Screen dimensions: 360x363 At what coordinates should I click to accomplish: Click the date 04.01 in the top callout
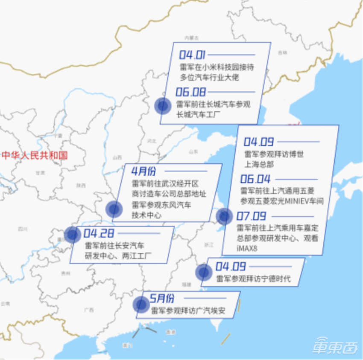click(193, 55)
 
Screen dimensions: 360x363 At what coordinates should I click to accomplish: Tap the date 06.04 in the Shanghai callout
click(255, 180)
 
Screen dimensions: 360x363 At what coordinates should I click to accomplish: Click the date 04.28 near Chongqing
click(98, 233)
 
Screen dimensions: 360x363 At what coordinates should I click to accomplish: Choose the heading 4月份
click(143, 171)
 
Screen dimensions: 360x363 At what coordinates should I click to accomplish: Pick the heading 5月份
click(162, 299)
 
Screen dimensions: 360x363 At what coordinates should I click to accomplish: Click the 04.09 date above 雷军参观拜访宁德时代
click(231, 267)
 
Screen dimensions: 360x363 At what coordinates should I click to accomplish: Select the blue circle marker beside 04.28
click(73, 234)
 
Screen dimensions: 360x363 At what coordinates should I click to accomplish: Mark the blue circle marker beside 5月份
click(141, 305)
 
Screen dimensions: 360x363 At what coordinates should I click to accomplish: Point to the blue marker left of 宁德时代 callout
click(204, 272)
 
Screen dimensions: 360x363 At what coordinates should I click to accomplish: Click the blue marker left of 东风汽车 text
click(114, 209)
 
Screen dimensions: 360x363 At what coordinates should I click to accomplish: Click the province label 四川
click(23, 229)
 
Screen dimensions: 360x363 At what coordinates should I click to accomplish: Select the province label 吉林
click(282, 53)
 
